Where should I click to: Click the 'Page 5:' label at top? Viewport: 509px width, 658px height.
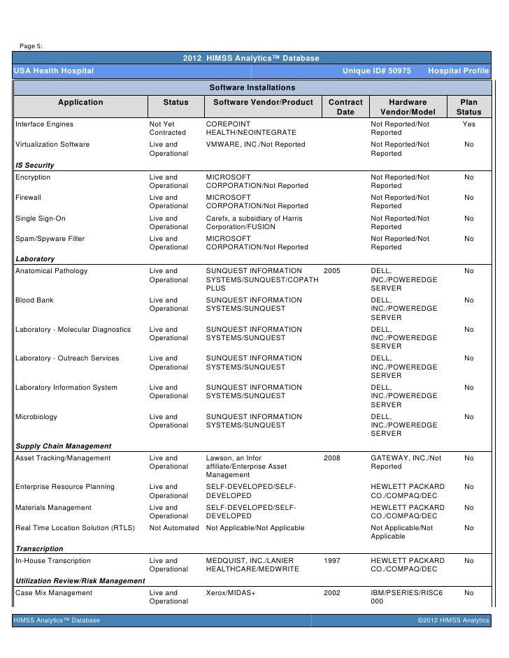(31, 46)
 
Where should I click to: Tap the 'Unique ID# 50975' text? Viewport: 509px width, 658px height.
(376, 72)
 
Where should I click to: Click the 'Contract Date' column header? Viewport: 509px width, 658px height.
(345, 107)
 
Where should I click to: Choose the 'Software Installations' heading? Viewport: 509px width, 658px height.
(252, 87)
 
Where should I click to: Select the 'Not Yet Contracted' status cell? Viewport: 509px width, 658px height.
(168, 129)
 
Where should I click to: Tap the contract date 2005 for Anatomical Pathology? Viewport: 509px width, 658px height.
(333, 271)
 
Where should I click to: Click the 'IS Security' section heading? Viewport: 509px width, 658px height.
(34, 166)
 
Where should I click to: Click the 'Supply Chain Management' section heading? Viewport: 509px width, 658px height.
(63, 446)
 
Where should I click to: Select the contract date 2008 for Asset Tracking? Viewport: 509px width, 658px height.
(333, 458)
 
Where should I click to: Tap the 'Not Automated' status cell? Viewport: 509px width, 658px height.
(174, 527)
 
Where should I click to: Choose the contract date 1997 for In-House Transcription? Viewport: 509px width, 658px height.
(333, 560)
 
